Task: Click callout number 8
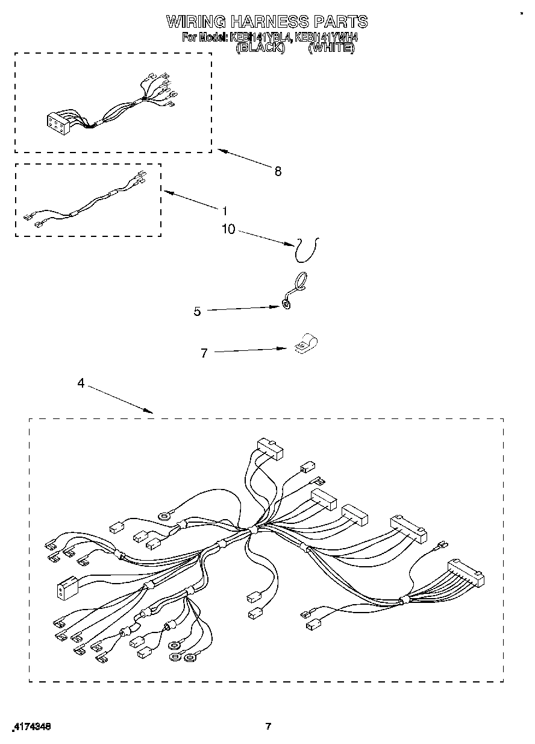coord(277,171)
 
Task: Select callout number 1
coord(224,211)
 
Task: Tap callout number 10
coord(229,230)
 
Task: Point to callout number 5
coord(197,311)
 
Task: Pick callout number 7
coord(204,353)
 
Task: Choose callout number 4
coord(81,383)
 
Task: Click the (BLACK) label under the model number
coord(260,47)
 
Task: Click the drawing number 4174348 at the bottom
coord(31,727)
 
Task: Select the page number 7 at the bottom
coord(269,726)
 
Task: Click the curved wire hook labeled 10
coord(307,249)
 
